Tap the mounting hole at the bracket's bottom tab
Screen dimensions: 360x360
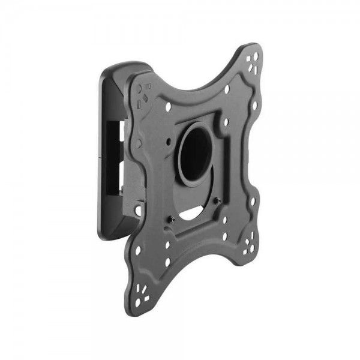click(139, 211)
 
